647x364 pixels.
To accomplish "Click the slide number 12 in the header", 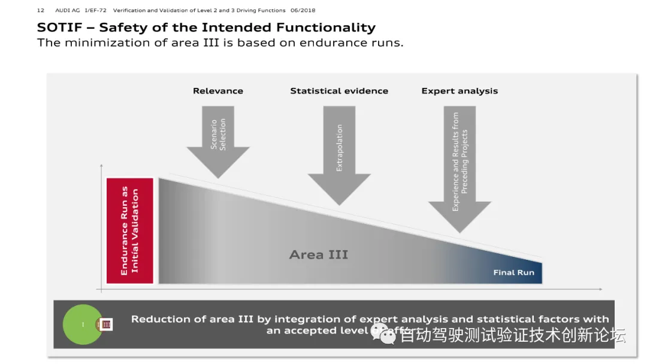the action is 40,10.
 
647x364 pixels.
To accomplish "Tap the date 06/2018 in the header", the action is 303,10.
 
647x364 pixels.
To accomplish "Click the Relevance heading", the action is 218,91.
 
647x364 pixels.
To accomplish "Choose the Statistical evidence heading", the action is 339,91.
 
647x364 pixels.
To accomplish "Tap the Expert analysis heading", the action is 459,91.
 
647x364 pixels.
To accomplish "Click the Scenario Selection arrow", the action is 218,140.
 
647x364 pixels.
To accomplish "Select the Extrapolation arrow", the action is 339,153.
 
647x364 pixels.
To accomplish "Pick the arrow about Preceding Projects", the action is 459,168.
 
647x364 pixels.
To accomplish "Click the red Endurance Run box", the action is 130,230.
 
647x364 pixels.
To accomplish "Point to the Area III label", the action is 318,255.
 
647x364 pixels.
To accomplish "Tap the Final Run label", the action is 513,272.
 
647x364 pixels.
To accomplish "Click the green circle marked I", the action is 83,324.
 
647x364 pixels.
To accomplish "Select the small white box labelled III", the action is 107,324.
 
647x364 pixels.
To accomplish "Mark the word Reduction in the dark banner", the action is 161,319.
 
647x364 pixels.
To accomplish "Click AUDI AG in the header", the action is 67,10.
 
